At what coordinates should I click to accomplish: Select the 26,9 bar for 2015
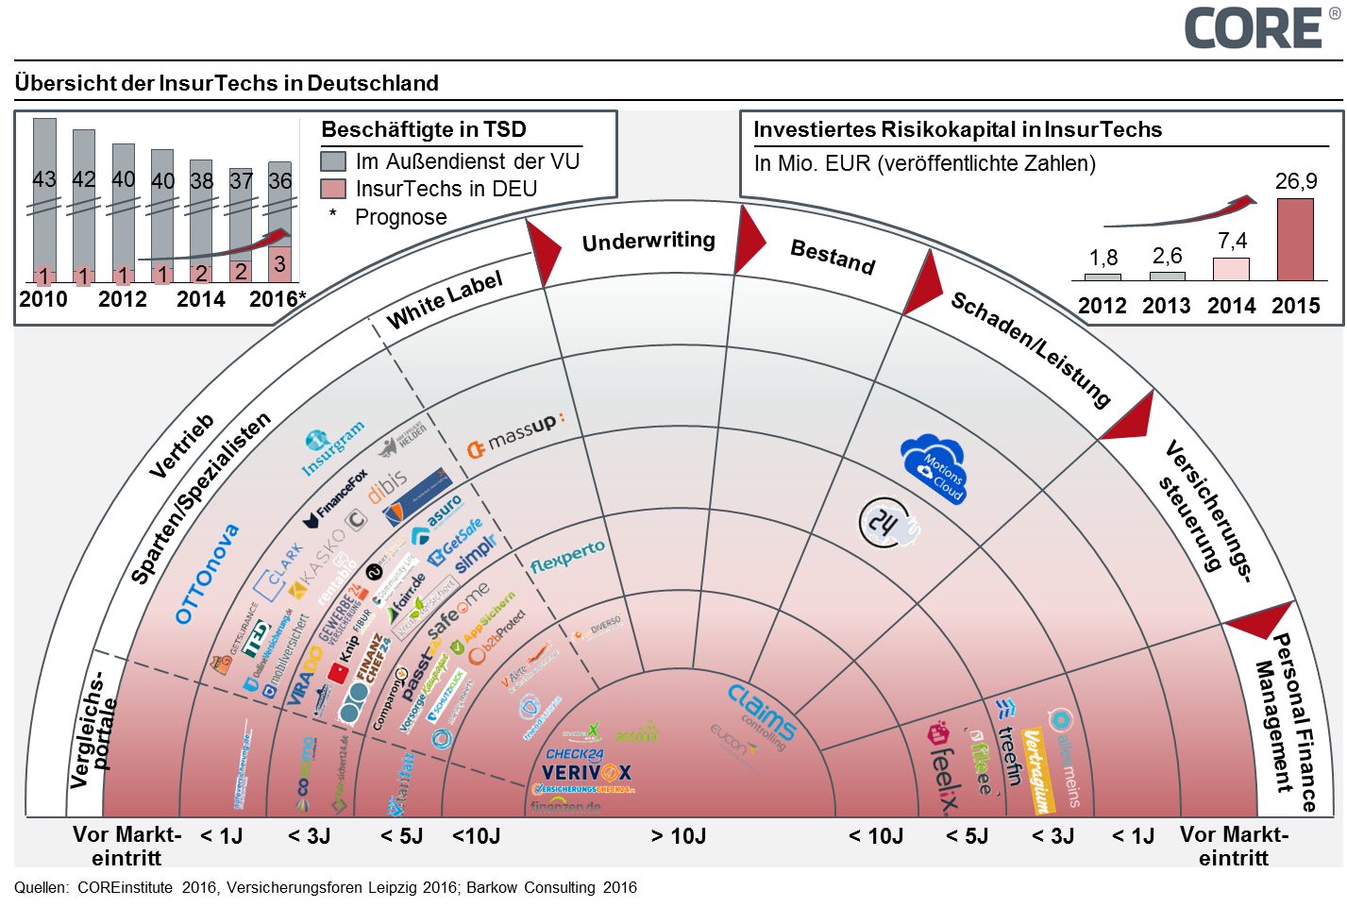[x=1295, y=240]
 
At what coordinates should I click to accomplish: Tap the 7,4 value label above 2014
[x=1232, y=242]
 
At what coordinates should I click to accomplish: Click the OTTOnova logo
[x=208, y=574]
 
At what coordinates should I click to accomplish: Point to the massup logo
[x=515, y=435]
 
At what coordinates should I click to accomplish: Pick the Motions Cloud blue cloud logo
[x=934, y=469]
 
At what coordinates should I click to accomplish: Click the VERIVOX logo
[x=586, y=773]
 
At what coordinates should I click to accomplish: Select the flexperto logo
[x=567, y=558]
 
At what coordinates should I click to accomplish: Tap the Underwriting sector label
[x=648, y=242]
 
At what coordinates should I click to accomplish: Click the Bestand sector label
[x=833, y=256]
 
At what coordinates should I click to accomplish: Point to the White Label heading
[x=445, y=299]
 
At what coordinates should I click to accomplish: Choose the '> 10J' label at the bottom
[x=678, y=836]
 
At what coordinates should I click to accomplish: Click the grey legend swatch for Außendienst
[x=333, y=161]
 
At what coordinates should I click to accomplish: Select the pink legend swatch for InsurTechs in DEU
[x=333, y=189]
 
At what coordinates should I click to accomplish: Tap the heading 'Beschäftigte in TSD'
[x=424, y=130]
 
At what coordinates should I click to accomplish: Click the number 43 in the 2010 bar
[x=44, y=179]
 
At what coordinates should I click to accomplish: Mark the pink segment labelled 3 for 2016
[x=279, y=264]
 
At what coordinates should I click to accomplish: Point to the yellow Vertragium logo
[x=1036, y=770]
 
